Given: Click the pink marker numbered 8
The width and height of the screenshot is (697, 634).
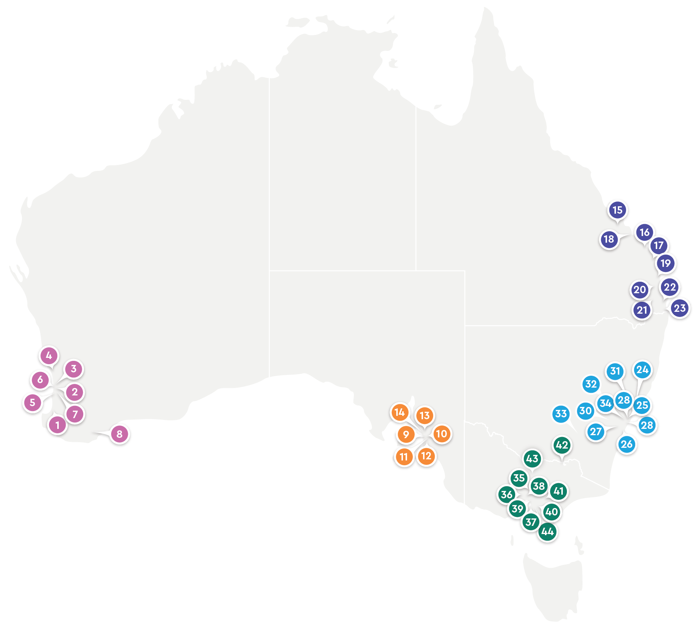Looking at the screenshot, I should [119, 434].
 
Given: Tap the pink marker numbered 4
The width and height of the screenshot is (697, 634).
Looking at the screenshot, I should [49, 356].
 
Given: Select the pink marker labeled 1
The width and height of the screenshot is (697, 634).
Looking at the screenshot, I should [57, 425].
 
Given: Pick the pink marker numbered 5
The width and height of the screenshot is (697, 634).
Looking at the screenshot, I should [33, 402].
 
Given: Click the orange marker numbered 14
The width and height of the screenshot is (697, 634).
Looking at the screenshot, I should [400, 412].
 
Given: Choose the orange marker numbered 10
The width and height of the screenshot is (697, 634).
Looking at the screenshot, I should [442, 434].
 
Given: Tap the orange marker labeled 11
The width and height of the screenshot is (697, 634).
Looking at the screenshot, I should [404, 457].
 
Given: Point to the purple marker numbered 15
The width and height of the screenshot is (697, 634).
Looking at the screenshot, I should [617, 210].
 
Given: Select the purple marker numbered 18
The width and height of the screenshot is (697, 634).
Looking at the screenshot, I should [609, 239].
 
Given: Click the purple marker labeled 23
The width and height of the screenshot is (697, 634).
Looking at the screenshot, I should [680, 308].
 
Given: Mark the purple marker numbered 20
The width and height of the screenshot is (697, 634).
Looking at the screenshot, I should [640, 289].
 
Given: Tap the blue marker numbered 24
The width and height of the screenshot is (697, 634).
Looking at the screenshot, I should [642, 370].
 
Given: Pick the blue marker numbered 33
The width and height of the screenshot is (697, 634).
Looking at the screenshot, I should [561, 414].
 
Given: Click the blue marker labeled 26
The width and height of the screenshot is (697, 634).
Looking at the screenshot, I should [627, 444].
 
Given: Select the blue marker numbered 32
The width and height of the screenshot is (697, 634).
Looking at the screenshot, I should [591, 384].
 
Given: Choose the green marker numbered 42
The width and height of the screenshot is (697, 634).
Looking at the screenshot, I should [562, 445].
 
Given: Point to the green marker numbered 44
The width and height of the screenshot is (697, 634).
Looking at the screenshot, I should [548, 532].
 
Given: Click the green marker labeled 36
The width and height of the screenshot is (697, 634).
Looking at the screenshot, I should [507, 495].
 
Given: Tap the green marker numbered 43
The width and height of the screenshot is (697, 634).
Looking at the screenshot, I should [532, 459].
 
